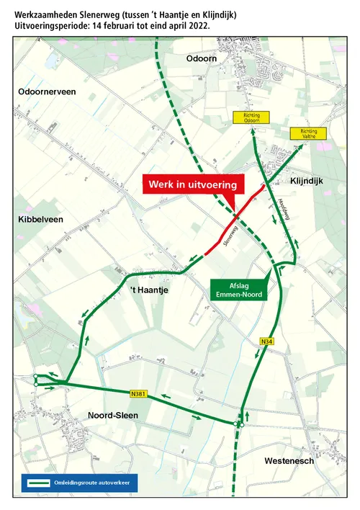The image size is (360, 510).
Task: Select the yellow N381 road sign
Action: coord(139,394)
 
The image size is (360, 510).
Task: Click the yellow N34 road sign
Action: coord(267,341)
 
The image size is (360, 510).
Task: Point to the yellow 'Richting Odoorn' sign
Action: coord(251,118)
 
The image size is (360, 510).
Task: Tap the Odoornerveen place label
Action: coord(46,92)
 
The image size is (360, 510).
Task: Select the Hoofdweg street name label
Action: coord(282,210)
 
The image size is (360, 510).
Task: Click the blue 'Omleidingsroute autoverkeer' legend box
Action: coord(78,482)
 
